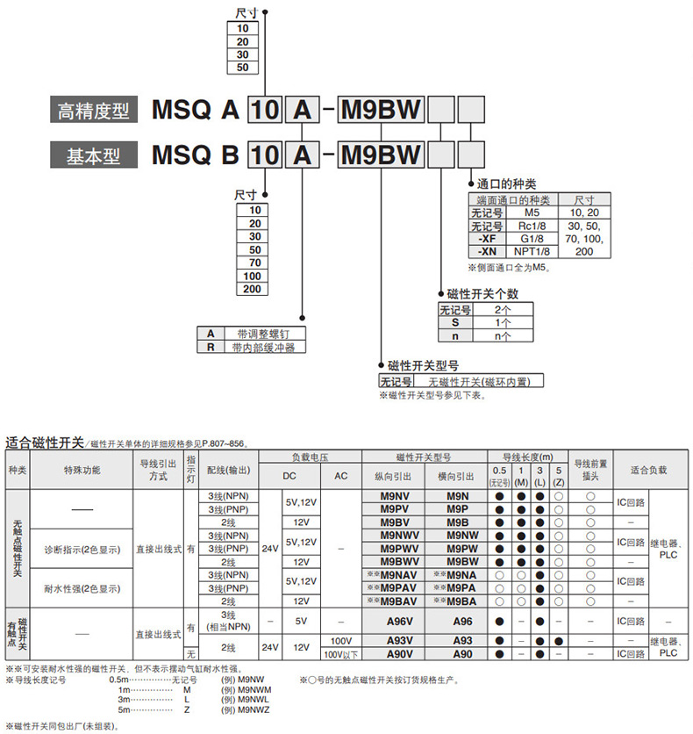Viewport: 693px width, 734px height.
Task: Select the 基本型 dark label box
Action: (x=93, y=156)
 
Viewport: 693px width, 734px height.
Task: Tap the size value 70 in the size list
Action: (x=254, y=263)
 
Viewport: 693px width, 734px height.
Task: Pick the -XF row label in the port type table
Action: (x=483, y=237)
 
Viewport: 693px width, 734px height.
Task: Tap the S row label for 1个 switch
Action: (x=455, y=322)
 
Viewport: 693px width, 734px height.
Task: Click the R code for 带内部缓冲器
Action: (x=211, y=347)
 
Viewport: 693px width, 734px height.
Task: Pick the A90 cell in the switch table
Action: (x=462, y=654)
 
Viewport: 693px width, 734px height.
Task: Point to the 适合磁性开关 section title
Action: (x=44, y=442)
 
